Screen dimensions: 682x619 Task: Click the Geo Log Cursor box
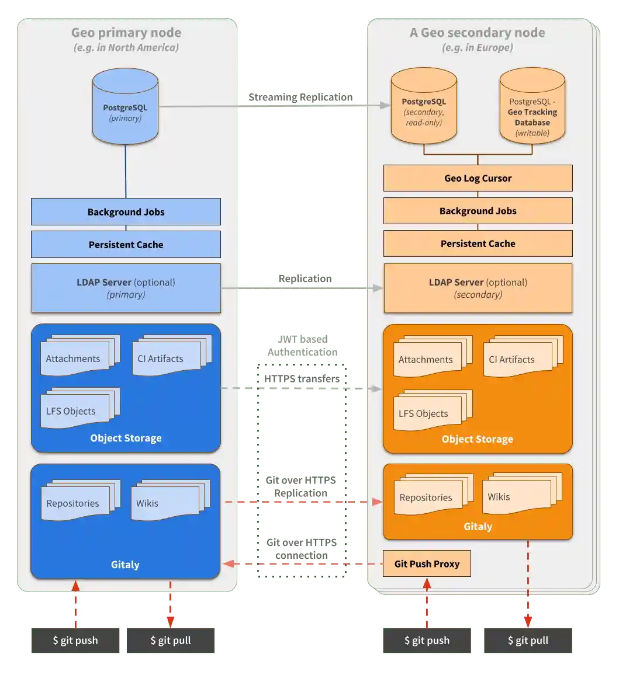pyautogui.click(x=478, y=178)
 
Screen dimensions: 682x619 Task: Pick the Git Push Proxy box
pyautogui.click(x=427, y=563)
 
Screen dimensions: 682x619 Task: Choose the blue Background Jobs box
pyautogui.click(x=126, y=212)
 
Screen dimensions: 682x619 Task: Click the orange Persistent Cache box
pyautogui.click(x=478, y=243)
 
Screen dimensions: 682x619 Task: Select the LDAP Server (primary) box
pyautogui.click(x=126, y=288)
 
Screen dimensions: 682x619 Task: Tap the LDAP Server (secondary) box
pyautogui.click(x=478, y=288)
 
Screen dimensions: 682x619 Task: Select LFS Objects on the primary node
pyautogui.click(x=74, y=409)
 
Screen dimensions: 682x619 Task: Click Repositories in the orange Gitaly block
pyautogui.click(x=428, y=496)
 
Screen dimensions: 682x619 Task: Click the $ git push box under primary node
pyautogui.click(x=75, y=640)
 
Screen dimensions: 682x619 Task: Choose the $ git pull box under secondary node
pyautogui.click(x=528, y=640)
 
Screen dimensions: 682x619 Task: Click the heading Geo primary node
pyautogui.click(x=126, y=33)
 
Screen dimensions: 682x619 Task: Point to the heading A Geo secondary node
pyautogui.click(x=477, y=33)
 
